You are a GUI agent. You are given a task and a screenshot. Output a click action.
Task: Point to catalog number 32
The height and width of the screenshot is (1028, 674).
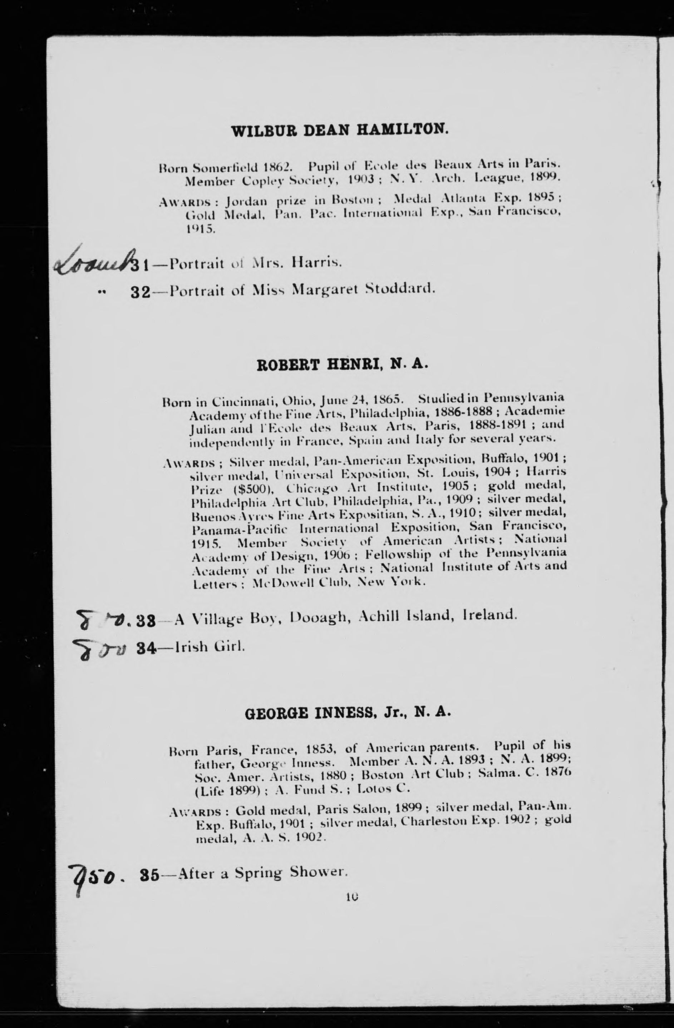point(140,291)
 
